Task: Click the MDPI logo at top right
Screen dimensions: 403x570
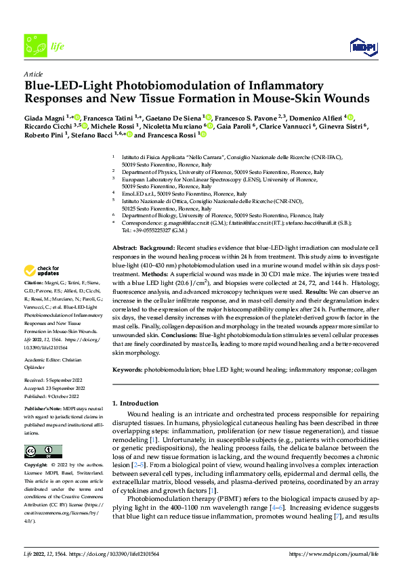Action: [362, 45]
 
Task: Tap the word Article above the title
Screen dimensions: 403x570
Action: [33, 74]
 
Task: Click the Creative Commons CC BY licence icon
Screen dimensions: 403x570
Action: [43, 451]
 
